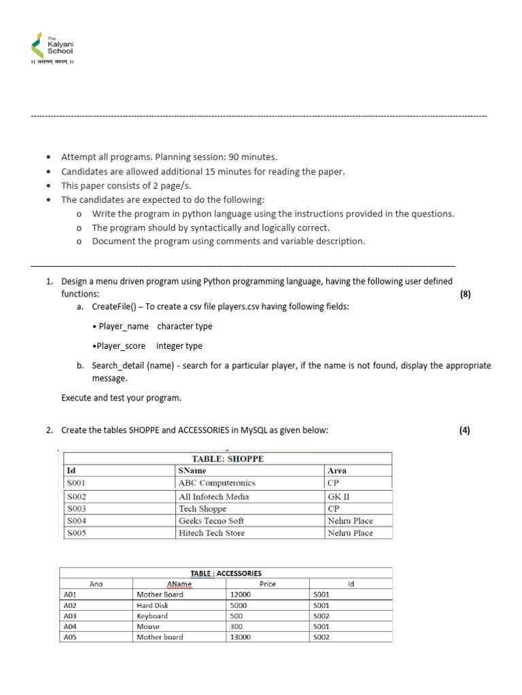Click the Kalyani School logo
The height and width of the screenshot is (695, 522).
pos(52,48)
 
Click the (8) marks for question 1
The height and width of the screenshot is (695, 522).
pos(465,294)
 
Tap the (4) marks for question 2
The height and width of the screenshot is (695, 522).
pos(465,430)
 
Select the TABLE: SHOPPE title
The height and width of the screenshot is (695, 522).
pos(228,459)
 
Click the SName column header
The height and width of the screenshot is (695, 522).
pos(192,470)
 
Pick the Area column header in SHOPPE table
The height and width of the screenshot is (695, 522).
pos(337,470)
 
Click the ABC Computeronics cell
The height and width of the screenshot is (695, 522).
pos(217,483)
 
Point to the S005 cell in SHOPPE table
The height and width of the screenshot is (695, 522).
pos(75,533)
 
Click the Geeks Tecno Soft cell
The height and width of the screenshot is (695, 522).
pos(211,521)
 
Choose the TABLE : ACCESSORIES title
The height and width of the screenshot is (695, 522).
pos(226,573)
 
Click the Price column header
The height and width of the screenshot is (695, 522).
pos(268,584)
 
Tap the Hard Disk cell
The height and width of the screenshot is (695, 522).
pos(152,605)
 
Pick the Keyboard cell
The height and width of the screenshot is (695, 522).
pos(152,616)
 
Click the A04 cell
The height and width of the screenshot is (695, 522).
pos(71,626)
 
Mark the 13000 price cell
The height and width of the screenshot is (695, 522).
pos(241,637)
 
